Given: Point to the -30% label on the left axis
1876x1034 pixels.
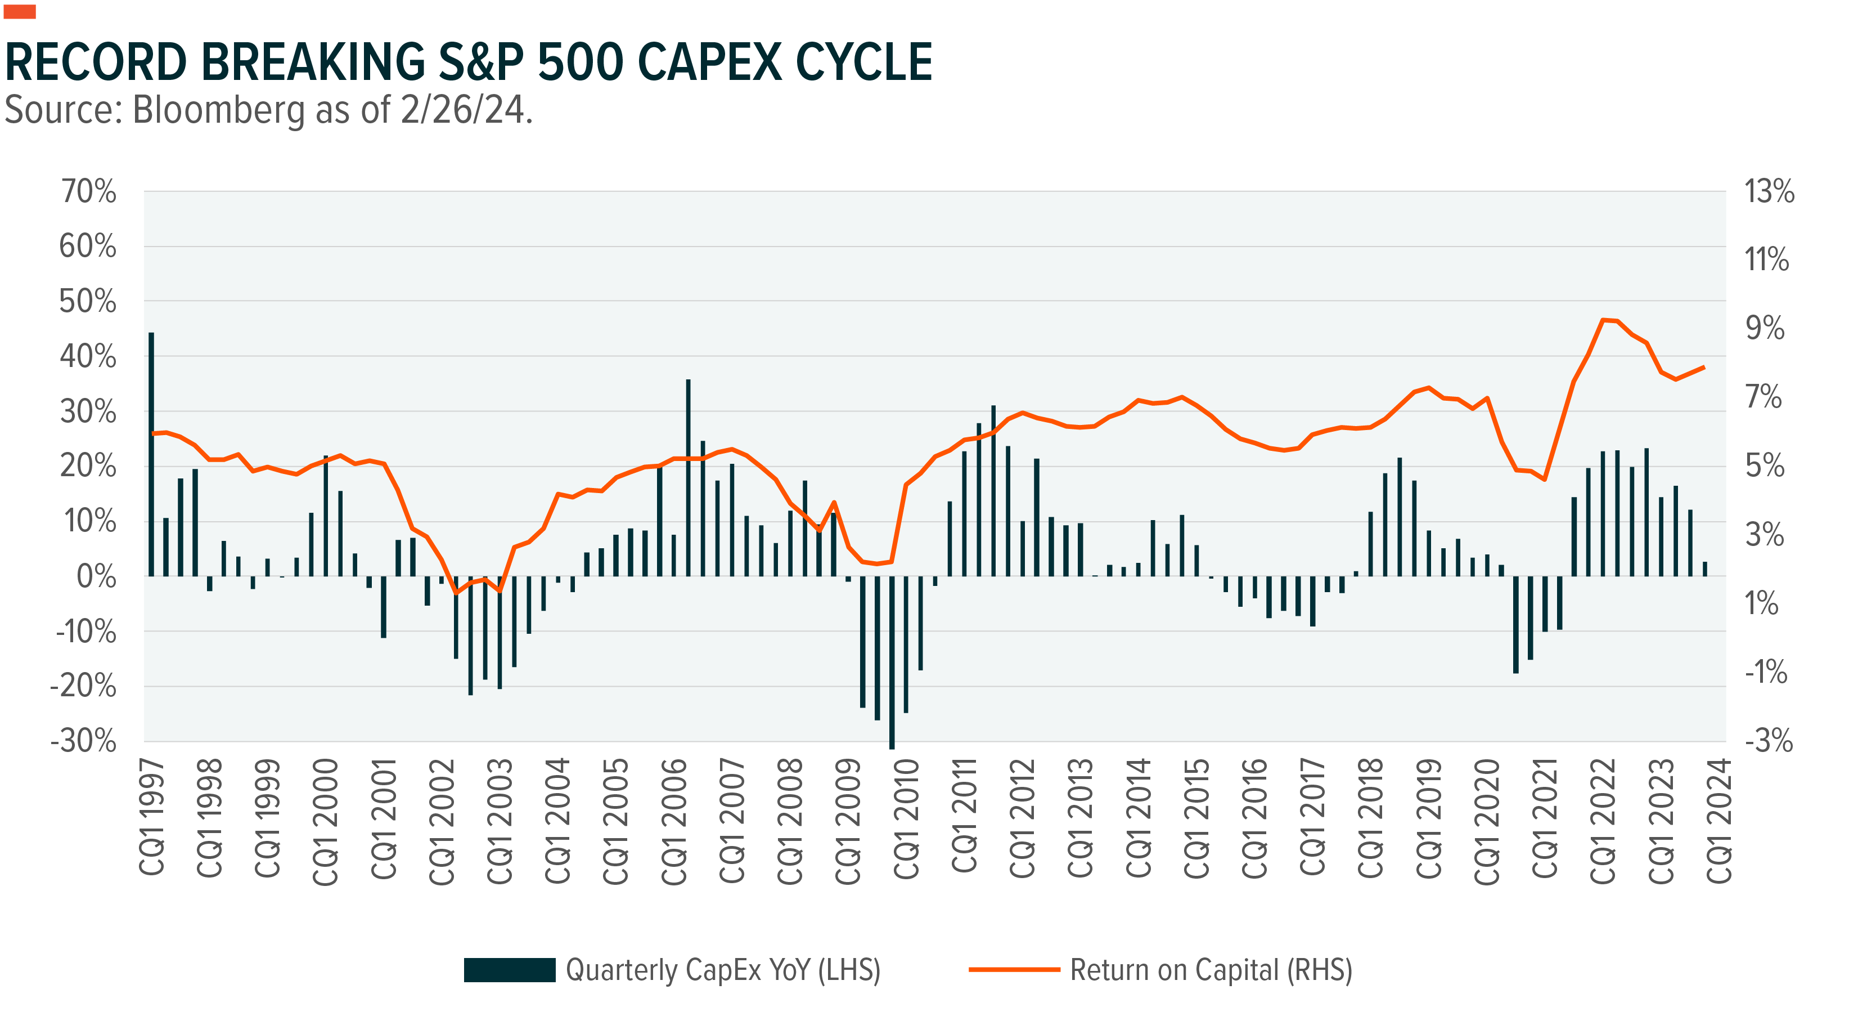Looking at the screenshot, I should pos(84,741).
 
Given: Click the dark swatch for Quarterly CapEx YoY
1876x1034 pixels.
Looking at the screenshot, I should pos(509,970).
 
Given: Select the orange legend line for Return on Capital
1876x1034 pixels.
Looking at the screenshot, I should pos(1014,970).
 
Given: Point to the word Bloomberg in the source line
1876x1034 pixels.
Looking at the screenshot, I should pos(218,111).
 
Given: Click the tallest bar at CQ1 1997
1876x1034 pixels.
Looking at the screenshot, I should pos(151,452).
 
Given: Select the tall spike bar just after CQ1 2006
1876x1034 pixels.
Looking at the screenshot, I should pos(688,477).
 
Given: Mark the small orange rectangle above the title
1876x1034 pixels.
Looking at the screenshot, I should pos(20,12).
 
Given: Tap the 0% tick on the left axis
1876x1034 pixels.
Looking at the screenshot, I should pos(96,576).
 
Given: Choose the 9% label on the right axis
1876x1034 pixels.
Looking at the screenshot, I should pos(1765,328).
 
